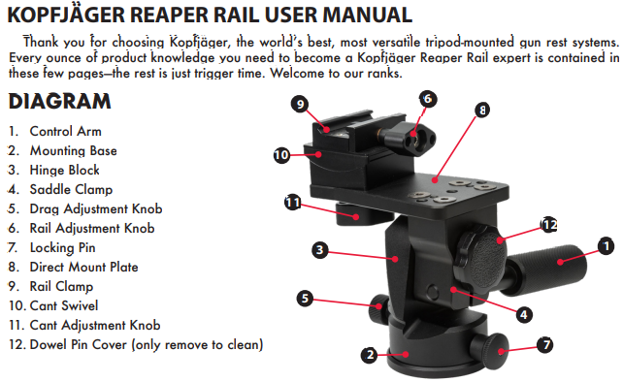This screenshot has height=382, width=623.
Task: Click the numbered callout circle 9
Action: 301,104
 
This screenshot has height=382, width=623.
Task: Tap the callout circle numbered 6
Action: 428,99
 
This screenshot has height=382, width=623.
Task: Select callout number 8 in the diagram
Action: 482,110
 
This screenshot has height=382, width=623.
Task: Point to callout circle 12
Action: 549,225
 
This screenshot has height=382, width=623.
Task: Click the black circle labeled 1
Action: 607,246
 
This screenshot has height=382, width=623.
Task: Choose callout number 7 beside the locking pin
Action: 546,344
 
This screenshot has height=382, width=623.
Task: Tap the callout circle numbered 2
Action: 370,354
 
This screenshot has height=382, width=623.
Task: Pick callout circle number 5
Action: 305,298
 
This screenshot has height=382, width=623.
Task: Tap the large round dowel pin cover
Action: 481,260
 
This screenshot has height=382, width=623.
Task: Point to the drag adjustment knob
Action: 378,308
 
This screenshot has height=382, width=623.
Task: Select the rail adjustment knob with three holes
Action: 414,139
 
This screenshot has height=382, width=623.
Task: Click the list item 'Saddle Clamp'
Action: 71,189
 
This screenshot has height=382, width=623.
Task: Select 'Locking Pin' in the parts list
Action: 62,248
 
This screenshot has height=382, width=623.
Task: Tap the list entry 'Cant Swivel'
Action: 64,305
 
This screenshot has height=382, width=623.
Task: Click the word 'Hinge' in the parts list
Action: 46,170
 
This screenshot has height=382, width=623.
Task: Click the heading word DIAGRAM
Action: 59,101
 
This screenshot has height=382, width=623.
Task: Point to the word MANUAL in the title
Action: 367,15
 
